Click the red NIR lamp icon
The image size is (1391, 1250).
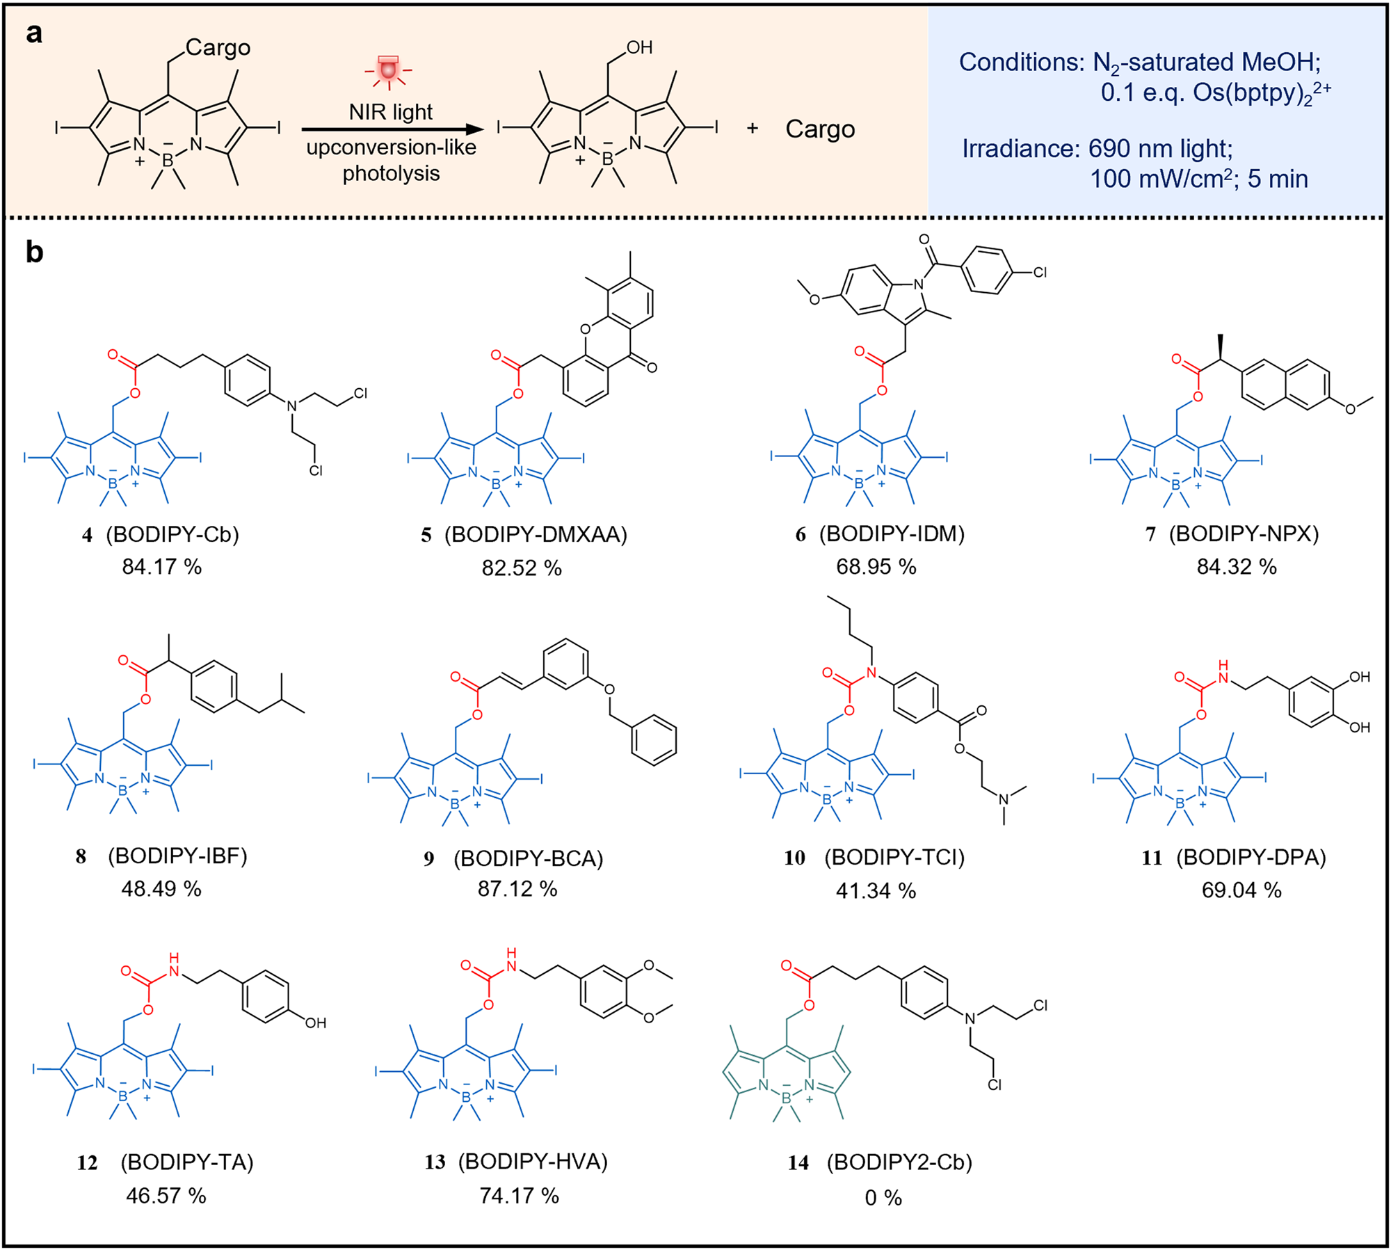(388, 70)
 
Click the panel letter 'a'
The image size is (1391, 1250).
(33, 33)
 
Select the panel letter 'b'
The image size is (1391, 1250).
(34, 253)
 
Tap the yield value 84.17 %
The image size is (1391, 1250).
(161, 567)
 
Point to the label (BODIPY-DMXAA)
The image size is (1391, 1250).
(536, 534)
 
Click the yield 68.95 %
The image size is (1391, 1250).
(876, 567)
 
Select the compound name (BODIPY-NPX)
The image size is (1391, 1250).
(1244, 534)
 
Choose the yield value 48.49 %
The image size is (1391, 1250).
(161, 888)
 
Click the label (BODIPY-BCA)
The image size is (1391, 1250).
(528, 858)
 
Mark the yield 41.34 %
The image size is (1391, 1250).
(876, 890)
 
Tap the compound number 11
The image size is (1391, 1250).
(1152, 858)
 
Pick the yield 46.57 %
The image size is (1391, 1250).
(166, 1196)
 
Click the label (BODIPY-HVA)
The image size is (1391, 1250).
(533, 1162)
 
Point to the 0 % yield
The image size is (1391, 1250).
(883, 1197)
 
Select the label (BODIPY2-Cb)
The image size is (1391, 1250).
(899, 1162)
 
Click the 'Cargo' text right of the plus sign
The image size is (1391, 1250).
(820, 129)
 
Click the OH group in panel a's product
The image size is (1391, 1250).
(639, 47)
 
